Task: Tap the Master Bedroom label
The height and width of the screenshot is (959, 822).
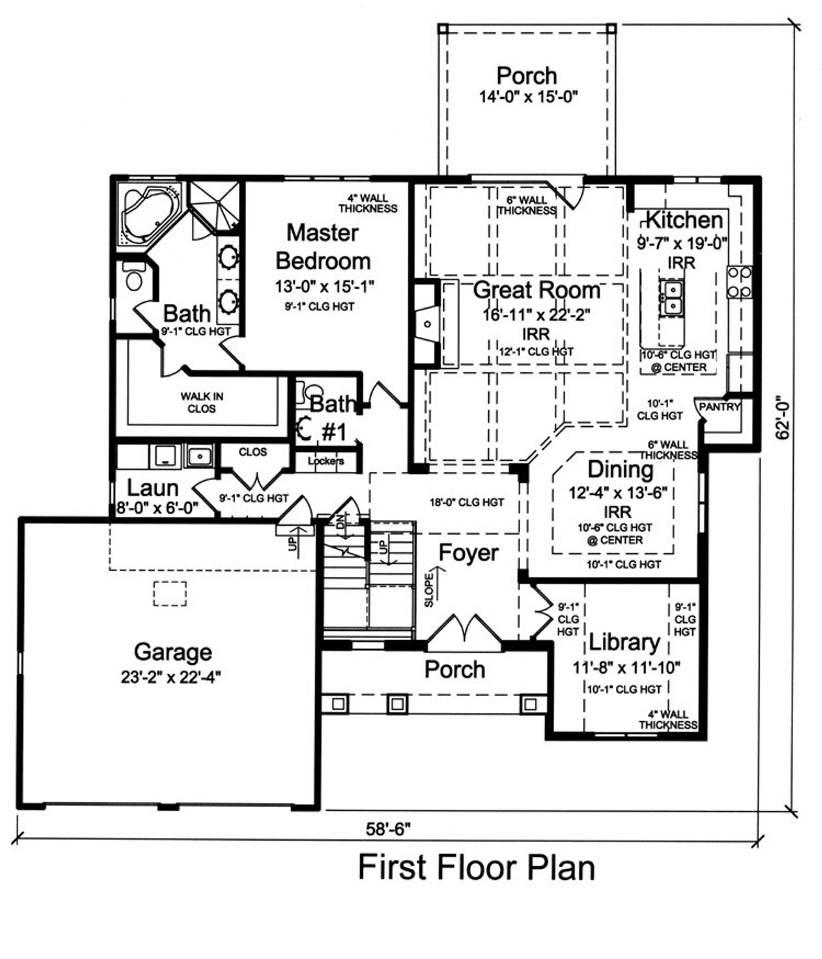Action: pyautogui.click(x=323, y=247)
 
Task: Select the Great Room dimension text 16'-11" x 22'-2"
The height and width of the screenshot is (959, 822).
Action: pyautogui.click(x=536, y=315)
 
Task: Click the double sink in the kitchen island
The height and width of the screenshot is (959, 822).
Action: pyautogui.click(x=670, y=297)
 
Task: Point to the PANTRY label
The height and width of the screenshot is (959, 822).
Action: pyautogui.click(x=719, y=407)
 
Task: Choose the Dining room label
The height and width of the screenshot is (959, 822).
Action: pyautogui.click(x=620, y=469)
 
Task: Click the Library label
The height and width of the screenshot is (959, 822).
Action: pyautogui.click(x=624, y=643)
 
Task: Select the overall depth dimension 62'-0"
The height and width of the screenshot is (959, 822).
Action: pyautogui.click(x=782, y=417)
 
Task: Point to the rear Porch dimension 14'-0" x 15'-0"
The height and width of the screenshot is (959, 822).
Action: pyautogui.click(x=528, y=97)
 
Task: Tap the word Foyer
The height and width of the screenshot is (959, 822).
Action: pyautogui.click(x=468, y=553)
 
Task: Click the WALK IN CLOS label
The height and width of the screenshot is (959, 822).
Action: pyautogui.click(x=202, y=402)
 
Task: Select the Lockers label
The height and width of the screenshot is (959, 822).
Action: pyautogui.click(x=326, y=461)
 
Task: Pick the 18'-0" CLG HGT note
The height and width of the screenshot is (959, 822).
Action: pyautogui.click(x=466, y=502)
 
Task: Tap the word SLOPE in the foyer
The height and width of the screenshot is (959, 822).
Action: pyautogui.click(x=429, y=590)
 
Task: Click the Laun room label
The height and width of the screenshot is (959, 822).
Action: pyautogui.click(x=153, y=488)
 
